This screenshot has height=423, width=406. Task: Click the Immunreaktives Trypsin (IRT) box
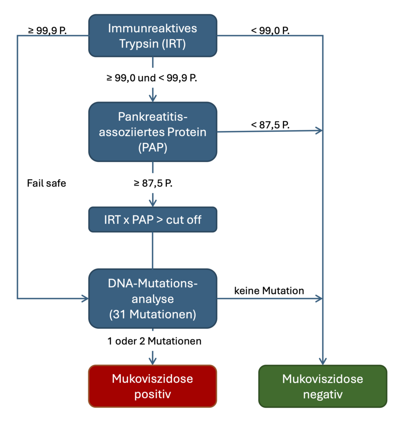[x=152, y=36]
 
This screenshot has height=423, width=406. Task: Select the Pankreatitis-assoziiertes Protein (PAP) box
[x=152, y=131]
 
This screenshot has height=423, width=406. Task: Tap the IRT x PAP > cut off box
[x=152, y=219]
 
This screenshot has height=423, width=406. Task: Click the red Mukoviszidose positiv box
[x=152, y=386]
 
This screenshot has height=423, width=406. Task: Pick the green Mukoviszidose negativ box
[x=323, y=386]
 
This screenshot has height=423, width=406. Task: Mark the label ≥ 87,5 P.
[x=152, y=184]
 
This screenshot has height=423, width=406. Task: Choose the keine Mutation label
[x=269, y=291]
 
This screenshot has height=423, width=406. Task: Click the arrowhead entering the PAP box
[x=153, y=98]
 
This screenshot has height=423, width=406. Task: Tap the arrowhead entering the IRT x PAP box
[x=153, y=203]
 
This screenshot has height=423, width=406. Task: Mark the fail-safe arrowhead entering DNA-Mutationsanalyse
[x=85, y=298]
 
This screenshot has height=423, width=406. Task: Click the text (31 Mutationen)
[x=152, y=314]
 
